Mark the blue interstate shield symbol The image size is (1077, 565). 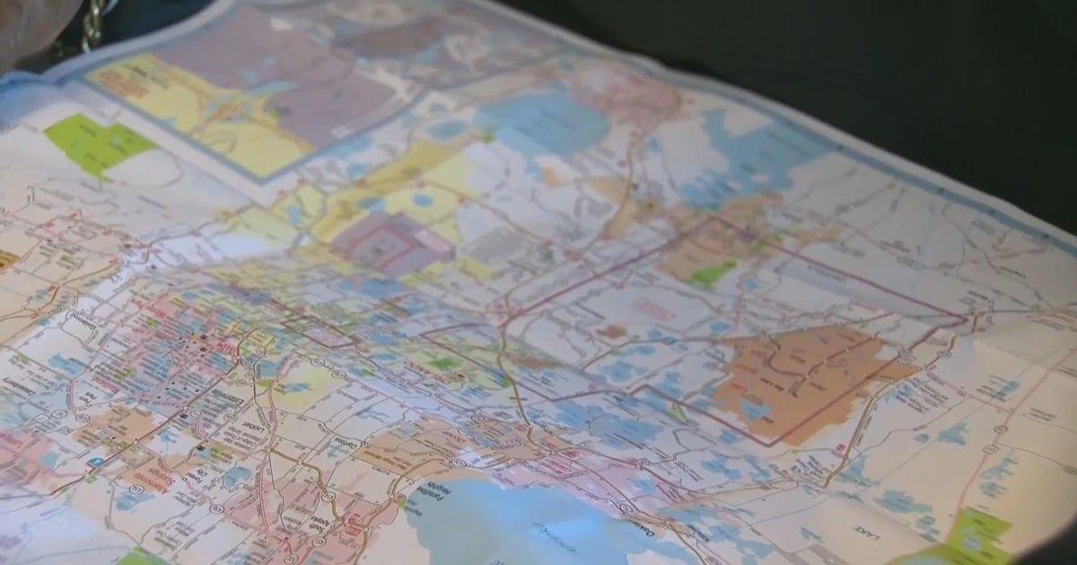pos(96,462)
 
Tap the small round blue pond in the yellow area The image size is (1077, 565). pos(422,200)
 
